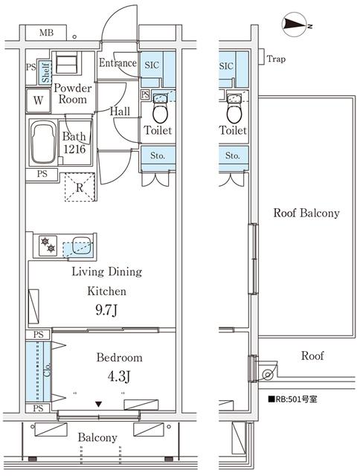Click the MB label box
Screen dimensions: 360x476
point(46,33)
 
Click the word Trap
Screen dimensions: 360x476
point(276,59)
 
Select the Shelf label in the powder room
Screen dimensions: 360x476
point(45,73)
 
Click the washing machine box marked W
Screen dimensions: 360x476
point(38,100)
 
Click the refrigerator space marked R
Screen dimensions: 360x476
point(80,187)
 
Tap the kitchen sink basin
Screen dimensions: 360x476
point(82,245)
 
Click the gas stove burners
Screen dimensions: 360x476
point(48,245)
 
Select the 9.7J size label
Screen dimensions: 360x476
point(106,310)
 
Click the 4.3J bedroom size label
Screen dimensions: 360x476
point(119,376)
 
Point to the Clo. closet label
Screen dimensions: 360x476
point(47,370)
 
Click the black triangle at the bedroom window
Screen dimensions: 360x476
point(98,404)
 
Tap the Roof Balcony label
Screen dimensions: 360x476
point(306,213)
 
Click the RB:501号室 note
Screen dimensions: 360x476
point(292,399)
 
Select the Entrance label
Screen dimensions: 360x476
point(118,62)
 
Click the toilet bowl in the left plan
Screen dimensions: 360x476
point(160,112)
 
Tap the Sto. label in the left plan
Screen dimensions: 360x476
point(158,155)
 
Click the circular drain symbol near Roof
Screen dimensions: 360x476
point(268,374)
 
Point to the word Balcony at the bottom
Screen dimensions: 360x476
point(97,437)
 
